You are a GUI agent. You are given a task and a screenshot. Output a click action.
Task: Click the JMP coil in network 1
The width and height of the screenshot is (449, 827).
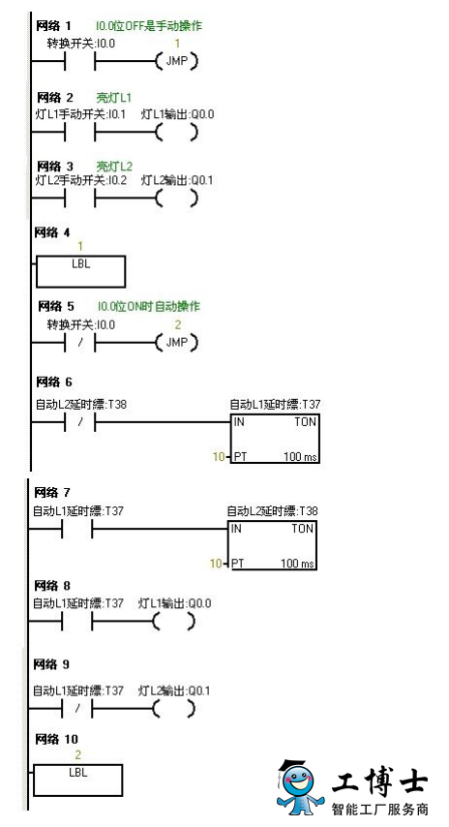[177, 61]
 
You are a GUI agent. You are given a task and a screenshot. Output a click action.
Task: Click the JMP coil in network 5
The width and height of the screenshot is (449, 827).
[177, 342]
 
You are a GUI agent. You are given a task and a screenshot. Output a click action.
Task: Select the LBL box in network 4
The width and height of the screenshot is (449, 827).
[80, 271]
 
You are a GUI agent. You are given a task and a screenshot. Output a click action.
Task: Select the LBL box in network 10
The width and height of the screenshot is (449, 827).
[78, 781]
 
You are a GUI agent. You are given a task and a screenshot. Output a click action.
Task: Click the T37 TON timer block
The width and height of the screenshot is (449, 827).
[275, 439]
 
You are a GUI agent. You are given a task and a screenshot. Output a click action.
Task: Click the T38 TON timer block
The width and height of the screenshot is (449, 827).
[273, 545]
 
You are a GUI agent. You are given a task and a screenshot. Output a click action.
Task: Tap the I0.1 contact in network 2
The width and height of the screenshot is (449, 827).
[79, 133]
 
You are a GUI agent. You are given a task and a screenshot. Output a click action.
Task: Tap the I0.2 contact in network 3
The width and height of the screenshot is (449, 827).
[79, 199]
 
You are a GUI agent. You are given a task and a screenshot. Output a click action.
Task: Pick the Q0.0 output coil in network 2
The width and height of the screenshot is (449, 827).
[177, 133]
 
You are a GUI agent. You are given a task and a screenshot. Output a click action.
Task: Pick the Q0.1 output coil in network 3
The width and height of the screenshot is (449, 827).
[177, 199]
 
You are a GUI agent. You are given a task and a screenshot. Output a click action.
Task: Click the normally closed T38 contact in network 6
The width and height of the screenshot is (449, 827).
[80, 422]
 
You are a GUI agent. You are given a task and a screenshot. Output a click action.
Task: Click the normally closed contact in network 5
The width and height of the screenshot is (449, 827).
[80, 343]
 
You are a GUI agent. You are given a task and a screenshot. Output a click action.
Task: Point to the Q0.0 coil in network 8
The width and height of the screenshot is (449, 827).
[174, 622]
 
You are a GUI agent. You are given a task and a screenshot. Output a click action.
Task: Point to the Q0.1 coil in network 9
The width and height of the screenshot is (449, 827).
[174, 709]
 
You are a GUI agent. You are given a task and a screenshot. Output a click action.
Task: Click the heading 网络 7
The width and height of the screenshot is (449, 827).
[51, 493]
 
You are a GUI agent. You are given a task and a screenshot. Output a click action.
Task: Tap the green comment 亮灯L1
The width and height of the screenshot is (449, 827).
[114, 98]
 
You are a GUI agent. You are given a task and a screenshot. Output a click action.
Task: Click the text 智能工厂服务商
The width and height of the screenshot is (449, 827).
[380, 808]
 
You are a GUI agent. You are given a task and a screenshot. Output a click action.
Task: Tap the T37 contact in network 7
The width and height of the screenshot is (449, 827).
[77, 529]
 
